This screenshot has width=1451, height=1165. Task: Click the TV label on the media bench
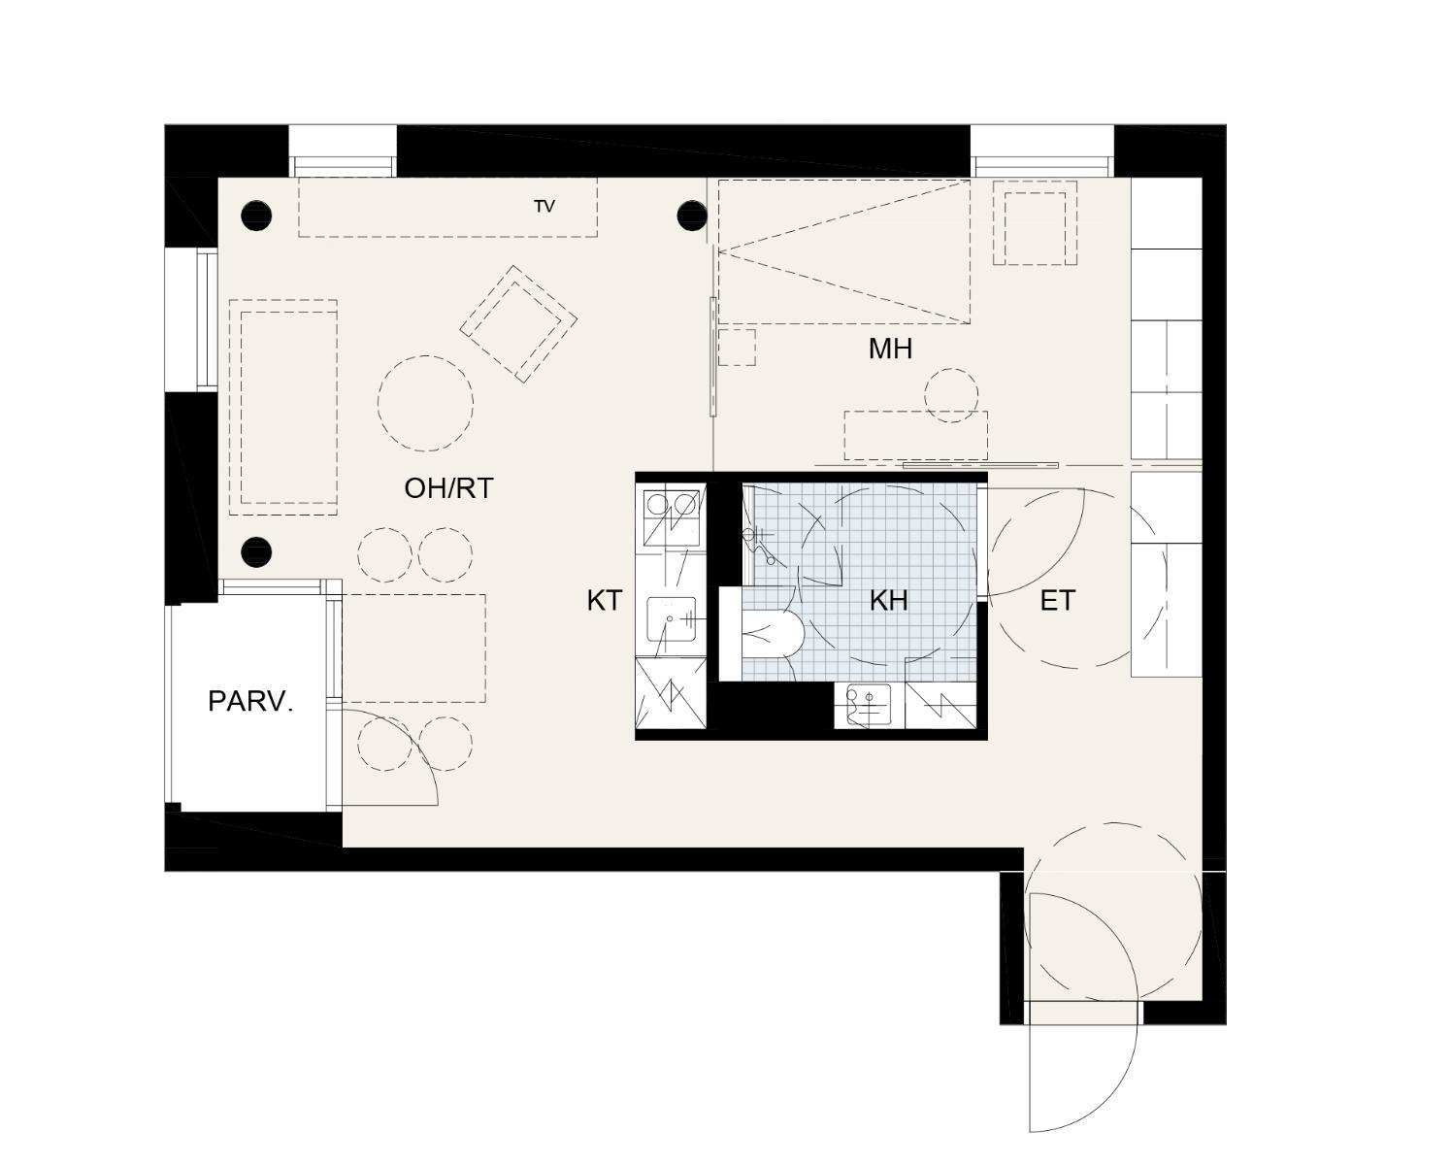coord(544,207)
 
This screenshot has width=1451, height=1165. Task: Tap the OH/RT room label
coord(448,487)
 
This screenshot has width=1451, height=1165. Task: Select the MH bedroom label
coord(890,349)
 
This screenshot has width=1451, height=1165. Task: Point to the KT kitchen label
coord(604,600)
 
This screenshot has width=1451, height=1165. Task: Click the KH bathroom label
coord(888,600)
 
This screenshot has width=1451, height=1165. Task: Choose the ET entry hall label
coord(1057,600)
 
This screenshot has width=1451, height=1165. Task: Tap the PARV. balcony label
coord(250,702)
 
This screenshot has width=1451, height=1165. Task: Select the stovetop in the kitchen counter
coord(671,518)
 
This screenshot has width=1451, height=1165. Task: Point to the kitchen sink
coord(671,618)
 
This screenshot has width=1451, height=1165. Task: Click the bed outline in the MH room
coord(843,250)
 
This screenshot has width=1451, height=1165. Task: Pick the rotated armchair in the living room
coord(518,324)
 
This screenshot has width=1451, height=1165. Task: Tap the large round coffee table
coord(425,404)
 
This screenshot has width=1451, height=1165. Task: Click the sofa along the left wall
coord(283,408)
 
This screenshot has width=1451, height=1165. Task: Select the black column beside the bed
coord(692,216)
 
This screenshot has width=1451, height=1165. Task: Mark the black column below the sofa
coord(256,551)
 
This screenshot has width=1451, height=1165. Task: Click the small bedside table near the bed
coord(737,347)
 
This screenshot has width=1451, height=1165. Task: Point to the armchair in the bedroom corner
coord(1035,222)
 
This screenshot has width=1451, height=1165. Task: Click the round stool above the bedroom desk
coord(951,395)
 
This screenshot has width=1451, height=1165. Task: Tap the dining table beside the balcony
coord(414,649)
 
